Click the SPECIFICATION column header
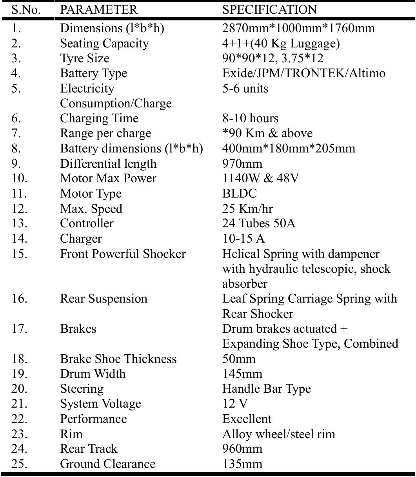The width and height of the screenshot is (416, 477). point(269,9)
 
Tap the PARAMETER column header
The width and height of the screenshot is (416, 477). point(99,9)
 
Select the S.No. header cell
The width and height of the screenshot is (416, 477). point(26,9)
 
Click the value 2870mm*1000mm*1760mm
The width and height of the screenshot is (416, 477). point(298,28)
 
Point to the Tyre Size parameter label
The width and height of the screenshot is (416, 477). point(85,58)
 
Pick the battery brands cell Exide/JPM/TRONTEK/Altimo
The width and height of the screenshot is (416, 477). point(304,73)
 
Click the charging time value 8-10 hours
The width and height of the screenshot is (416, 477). point(251,118)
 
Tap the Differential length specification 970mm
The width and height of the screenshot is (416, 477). point(242,163)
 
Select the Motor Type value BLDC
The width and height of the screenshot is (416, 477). point(239,194)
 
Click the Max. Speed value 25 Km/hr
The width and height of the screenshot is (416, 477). point(247,209)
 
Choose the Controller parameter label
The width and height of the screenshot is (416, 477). point(87,223)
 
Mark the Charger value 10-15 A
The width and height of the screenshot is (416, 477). point(243,239)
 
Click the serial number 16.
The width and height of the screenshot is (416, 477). point(20,299)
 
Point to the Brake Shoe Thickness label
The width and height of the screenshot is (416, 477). point(118,359)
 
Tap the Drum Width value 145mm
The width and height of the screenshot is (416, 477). point(242,374)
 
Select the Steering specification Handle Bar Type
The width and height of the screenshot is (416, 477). point(267,389)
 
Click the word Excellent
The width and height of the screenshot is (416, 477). point(247,419)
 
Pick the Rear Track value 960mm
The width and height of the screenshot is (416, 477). point(242,449)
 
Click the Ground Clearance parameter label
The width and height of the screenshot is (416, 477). point(108,464)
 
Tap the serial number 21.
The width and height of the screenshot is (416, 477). point(20,404)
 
